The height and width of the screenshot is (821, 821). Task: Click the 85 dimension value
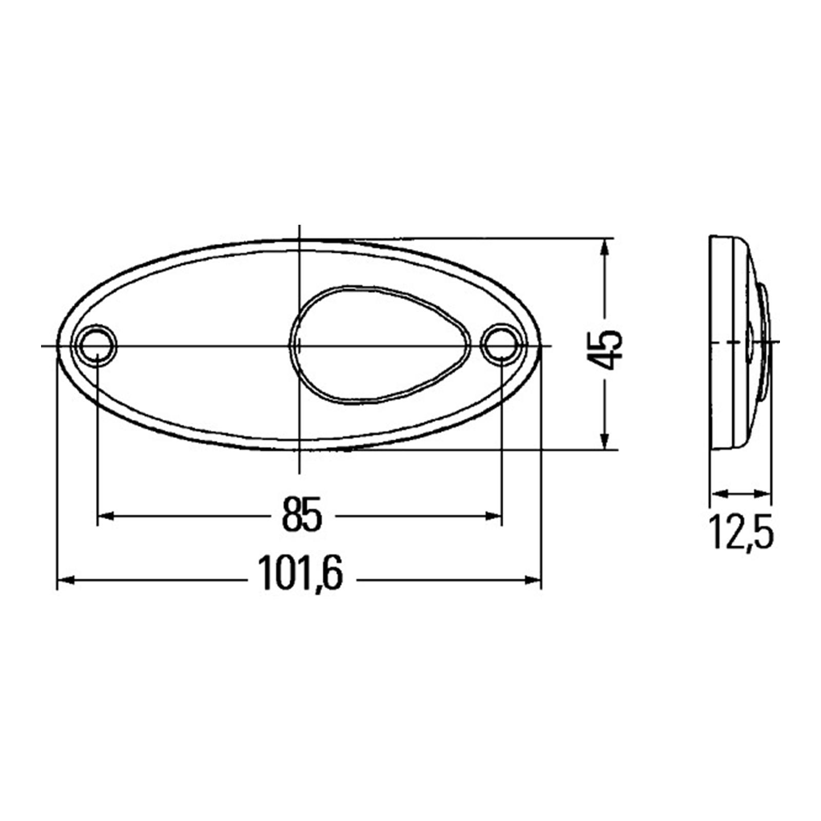tap(302, 514)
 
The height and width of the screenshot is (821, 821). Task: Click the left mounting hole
tap(96, 345)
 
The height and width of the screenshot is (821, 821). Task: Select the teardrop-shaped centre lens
tap(380, 344)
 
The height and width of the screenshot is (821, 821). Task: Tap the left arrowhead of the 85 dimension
tap(105, 515)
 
